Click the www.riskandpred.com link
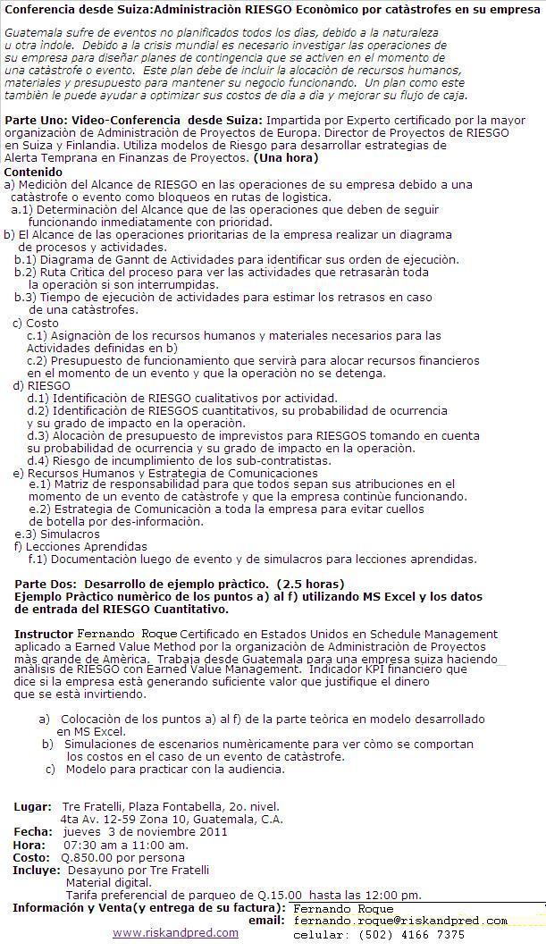pyautogui.click(x=175, y=932)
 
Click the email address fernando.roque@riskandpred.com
pyautogui.click(x=399, y=921)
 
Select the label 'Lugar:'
pyautogui.click(x=32, y=807)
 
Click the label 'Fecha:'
pyautogui.click(x=33, y=831)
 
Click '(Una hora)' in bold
pyautogui.click(x=285, y=158)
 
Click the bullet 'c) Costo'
pyautogui.click(x=36, y=323)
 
